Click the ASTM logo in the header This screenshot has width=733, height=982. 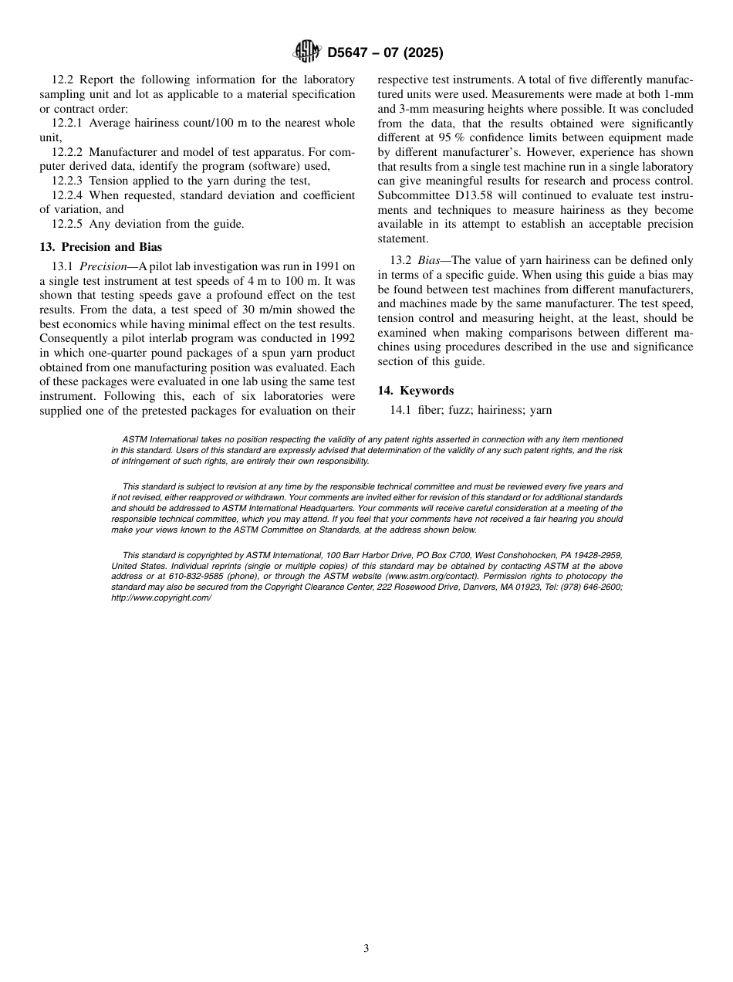[x=308, y=52]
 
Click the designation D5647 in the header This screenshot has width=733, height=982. [x=352, y=53]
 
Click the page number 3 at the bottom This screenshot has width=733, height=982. [x=366, y=949]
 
